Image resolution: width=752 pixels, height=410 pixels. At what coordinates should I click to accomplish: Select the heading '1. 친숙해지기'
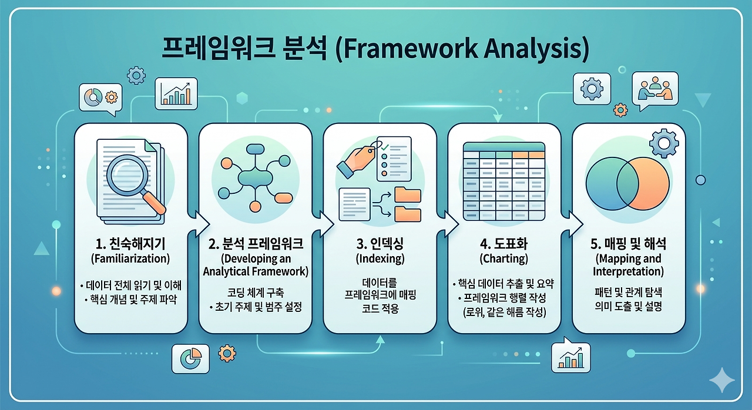pyautogui.click(x=130, y=244)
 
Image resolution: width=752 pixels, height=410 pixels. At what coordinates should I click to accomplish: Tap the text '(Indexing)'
pyautogui.click(x=380, y=258)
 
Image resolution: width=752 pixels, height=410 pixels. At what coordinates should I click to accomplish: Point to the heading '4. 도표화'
pyautogui.click(x=504, y=244)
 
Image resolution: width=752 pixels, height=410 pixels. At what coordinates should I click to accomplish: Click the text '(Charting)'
pyautogui.click(x=504, y=258)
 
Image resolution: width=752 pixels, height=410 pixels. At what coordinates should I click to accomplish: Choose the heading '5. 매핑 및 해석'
pyautogui.click(x=628, y=244)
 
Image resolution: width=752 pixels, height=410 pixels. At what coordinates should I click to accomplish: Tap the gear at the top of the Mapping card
pyautogui.click(x=664, y=143)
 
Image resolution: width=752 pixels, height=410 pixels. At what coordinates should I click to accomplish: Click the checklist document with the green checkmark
pyautogui.click(x=394, y=159)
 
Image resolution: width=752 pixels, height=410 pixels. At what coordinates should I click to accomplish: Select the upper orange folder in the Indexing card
pyautogui.click(x=408, y=194)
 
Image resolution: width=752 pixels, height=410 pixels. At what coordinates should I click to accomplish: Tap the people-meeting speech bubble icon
pyautogui.click(x=655, y=90)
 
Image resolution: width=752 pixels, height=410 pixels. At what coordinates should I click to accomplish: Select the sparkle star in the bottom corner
pyautogui.click(x=722, y=379)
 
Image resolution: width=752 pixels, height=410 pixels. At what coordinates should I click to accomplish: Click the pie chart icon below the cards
pyautogui.click(x=190, y=359)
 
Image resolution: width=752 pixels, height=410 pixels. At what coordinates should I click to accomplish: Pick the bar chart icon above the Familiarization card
pyautogui.click(x=176, y=93)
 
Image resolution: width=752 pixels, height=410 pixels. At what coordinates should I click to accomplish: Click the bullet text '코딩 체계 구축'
pyautogui.click(x=256, y=293)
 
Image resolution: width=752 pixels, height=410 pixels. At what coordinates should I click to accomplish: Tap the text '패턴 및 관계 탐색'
pyautogui.click(x=628, y=293)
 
